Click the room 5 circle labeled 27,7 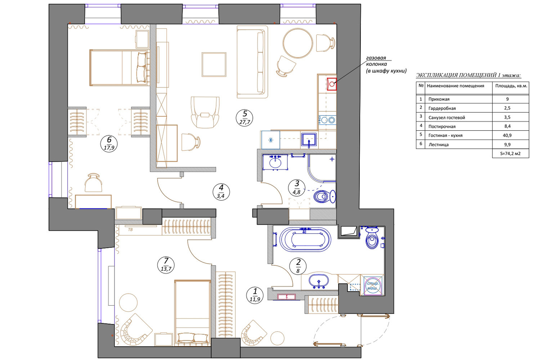click(245, 118)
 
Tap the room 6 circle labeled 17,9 click(109, 144)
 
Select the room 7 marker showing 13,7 click(166, 265)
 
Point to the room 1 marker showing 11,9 click(255, 295)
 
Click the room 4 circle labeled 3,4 click(221, 192)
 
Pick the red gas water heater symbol click(332, 84)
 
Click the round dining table click(298, 43)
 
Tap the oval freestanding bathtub click(305, 239)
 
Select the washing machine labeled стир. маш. click(373, 285)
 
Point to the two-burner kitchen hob click(327, 120)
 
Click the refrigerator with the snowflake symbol click(270, 140)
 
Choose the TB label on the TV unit click(130, 230)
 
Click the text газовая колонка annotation click(376, 61)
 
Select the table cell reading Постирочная click(442, 126)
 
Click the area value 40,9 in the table click(507, 135)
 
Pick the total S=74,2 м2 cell click(510, 153)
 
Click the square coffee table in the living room click(214, 65)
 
